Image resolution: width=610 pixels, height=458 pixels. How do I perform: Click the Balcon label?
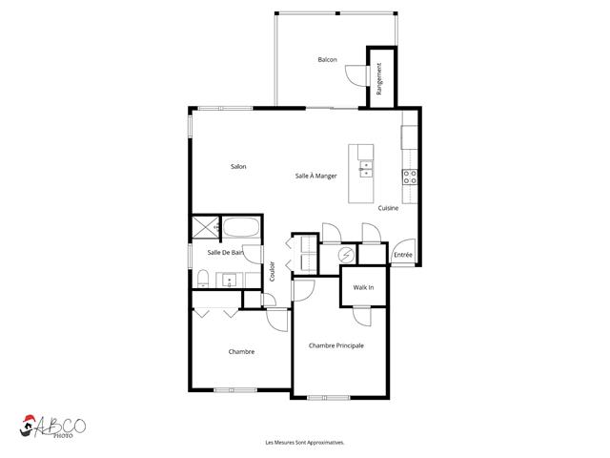click(327, 60)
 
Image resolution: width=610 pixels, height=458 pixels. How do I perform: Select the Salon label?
click(238, 167)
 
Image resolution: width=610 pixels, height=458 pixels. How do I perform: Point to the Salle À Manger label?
click(315, 176)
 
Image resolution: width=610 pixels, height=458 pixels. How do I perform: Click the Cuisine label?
click(388, 208)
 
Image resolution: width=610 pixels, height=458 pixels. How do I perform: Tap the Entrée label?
click(403, 256)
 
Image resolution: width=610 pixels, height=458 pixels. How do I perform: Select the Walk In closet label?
click(363, 287)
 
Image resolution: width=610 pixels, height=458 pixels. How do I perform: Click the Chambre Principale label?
click(336, 345)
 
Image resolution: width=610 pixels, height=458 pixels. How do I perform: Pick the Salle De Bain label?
click(225, 252)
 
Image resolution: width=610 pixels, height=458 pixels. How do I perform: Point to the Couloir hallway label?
click(273, 271)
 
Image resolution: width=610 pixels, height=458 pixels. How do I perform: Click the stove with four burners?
click(411, 177)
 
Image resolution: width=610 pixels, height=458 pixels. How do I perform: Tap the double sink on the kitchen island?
click(365, 171)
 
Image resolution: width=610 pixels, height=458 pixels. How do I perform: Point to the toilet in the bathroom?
click(203, 279)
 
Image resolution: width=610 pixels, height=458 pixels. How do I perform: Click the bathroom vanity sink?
click(230, 281)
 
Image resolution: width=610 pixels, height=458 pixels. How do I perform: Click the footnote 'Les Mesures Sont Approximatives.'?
click(304, 443)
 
